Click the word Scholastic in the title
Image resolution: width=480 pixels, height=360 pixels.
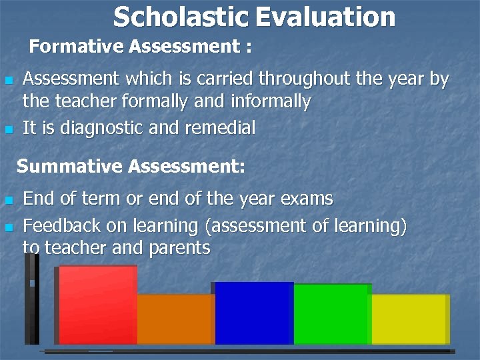click(x=181, y=17)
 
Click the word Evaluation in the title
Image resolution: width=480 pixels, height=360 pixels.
click(x=325, y=17)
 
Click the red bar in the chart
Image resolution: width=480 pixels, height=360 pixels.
click(x=97, y=305)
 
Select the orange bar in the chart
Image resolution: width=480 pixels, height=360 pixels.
click(x=175, y=319)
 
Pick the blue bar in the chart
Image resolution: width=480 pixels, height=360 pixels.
click(x=253, y=313)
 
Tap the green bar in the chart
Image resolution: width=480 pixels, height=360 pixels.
click(x=331, y=314)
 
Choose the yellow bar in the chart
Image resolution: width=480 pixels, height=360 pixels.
click(x=409, y=319)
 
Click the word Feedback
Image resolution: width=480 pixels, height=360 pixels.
click(x=62, y=226)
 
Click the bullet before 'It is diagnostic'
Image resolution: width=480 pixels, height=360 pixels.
click(x=9, y=129)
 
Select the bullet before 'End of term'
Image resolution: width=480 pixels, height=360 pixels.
click(x=9, y=199)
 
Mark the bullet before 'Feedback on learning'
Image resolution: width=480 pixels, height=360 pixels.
click(x=9, y=227)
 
